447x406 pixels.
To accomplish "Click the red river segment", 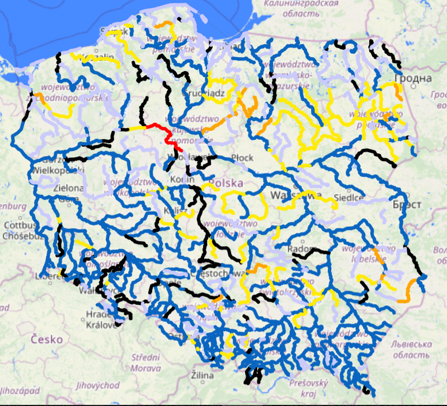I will (x=166, y=132).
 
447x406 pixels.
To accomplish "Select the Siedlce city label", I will (x=349, y=197).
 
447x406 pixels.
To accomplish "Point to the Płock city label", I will (x=242, y=158).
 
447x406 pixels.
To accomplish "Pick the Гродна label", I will (x=413, y=78).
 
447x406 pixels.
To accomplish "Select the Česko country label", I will (x=46, y=338).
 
